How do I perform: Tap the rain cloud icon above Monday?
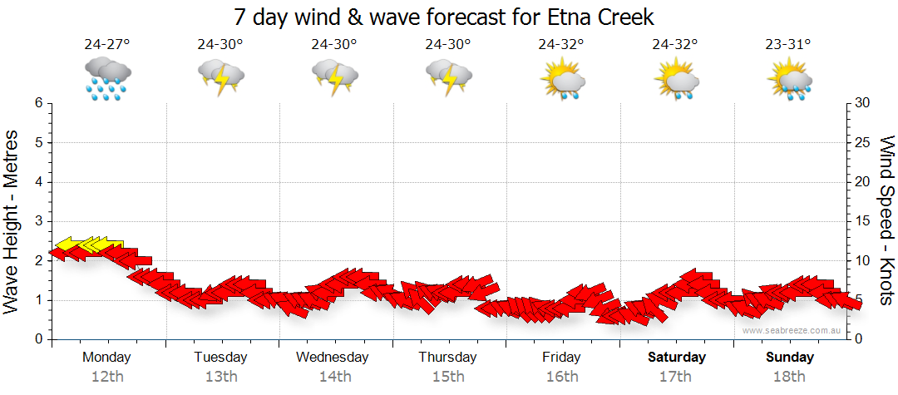[x=107, y=77]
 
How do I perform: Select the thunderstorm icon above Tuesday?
[x=220, y=77]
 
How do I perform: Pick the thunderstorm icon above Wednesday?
[x=334, y=77]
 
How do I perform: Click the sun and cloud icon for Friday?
[x=562, y=78]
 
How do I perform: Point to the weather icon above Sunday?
[x=789, y=78]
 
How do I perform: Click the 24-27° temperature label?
[x=107, y=45]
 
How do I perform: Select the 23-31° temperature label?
[x=789, y=45]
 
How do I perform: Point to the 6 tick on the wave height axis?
[x=38, y=103]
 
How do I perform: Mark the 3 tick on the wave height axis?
[x=38, y=221]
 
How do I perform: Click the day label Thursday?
[x=447, y=358]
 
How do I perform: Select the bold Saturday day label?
[x=676, y=358]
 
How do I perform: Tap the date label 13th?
[x=220, y=376]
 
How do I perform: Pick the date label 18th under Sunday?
[x=789, y=376]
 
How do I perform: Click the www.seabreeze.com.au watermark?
[x=792, y=330]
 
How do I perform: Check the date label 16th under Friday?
[x=562, y=376]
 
